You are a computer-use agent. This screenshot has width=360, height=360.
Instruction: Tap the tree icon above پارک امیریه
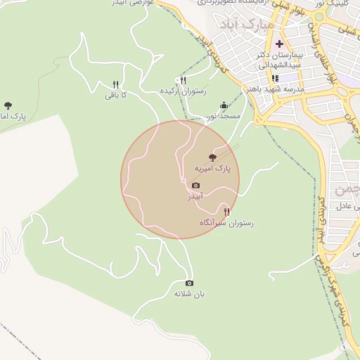coord(213,157)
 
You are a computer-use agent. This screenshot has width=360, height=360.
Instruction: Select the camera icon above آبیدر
coord(195,186)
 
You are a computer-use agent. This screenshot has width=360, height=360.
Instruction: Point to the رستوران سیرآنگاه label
coord(226,222)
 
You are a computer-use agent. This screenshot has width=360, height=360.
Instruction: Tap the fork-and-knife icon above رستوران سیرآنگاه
coord(226,211)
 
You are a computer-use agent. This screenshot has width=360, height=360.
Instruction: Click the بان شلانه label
coord(188,293)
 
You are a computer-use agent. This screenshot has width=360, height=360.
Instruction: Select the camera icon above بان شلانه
coord(188,283)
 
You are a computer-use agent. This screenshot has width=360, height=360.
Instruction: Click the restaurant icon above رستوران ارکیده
coord(183,80)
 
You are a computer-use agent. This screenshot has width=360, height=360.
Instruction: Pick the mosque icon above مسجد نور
coord(224,105)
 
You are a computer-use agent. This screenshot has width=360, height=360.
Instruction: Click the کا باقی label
coord(115,94)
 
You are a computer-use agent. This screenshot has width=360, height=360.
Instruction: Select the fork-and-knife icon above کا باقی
coord(115,84)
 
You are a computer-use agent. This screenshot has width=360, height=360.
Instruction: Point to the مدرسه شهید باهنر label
coord(275,89)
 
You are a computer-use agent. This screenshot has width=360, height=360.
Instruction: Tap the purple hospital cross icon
coord(279,44)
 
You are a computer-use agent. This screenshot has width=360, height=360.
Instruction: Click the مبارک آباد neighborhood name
coord(245,27)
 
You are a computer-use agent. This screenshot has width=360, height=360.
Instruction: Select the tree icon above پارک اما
coord(8,105)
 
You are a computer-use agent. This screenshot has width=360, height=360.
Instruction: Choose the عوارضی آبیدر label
coord(128,4)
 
